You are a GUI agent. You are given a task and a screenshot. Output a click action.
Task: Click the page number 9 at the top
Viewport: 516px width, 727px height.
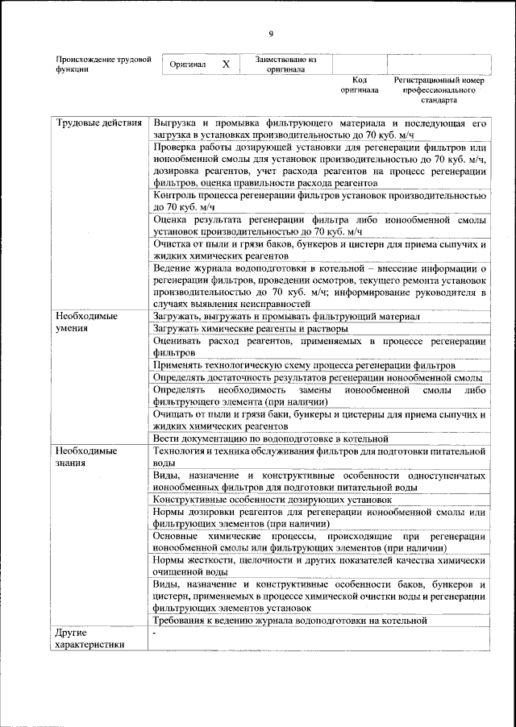click(271, 32)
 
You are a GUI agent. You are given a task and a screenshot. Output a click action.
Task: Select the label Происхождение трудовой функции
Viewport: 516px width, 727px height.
click(103, 64)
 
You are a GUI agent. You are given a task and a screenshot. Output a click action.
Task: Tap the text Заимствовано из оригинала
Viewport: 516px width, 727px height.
click(285, 64)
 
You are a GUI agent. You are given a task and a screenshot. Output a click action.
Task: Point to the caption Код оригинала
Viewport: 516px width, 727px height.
click(360, 85)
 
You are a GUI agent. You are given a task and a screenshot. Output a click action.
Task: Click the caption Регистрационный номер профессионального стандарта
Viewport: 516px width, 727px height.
click(439, 90)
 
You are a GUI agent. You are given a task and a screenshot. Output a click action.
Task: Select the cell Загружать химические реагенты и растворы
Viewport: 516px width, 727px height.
click(250, 329)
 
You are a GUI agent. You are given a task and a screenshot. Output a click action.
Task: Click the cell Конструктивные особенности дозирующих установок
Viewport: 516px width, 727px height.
click(273, 500)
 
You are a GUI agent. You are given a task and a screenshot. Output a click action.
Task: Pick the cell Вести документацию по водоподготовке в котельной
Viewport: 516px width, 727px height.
click(271, 438)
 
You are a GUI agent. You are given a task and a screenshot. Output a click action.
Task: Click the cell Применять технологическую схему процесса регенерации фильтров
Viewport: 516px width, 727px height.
click(304, 365)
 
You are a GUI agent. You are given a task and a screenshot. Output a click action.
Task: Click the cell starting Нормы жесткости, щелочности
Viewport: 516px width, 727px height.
click(319, 567)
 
